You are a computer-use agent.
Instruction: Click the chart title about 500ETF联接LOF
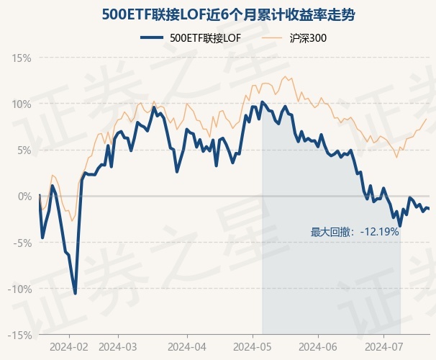point(218,14)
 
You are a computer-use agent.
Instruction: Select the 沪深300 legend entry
point(307,38)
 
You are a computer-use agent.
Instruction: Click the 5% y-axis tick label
point(24,150)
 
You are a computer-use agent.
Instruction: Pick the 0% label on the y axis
point(24,196)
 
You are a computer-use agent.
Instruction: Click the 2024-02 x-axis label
point(70,346)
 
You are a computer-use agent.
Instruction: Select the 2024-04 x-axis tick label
point(187,346)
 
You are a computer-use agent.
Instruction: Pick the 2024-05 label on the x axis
point(253,346)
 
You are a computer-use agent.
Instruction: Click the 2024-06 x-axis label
point(318,346)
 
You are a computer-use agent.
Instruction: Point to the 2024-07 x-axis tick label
point(383,346)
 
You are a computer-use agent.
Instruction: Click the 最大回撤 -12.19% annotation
point(355,232)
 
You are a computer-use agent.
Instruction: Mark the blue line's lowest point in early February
point(76,293)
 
